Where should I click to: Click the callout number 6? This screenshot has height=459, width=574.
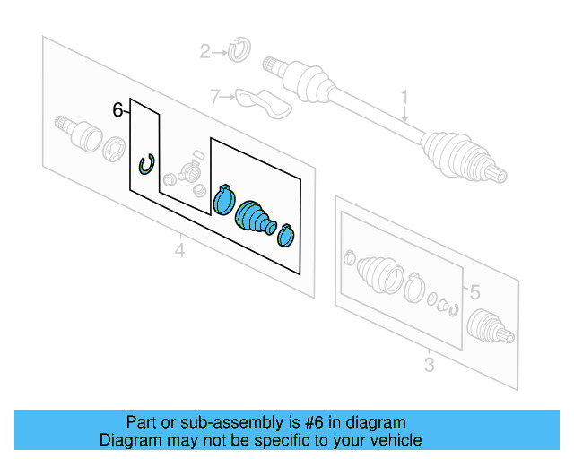point(117,110)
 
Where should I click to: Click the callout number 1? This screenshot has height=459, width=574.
point(404,97)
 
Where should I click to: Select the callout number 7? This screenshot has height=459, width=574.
point(214,96)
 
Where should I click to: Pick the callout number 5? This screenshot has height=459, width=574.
point(475,291)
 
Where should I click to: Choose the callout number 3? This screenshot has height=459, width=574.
point(429,364)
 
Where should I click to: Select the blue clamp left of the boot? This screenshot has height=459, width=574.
point(223,198)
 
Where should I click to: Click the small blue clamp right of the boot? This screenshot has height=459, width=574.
point(286,234)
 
